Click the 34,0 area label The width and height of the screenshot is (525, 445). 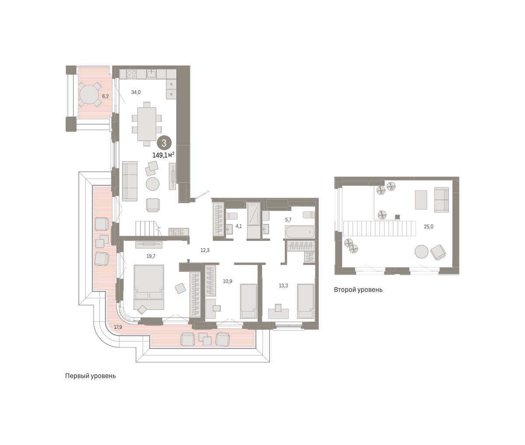click(x=136, y=93)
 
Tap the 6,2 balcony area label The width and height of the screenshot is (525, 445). click(x=105, y=97)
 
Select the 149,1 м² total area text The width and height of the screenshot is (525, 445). click(x=163, y=155)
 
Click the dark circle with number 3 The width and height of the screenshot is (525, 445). click(x=164, y=143)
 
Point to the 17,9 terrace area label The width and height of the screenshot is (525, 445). click(x=118, y=327)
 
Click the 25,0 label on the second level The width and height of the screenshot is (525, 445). click(x=428, y=227)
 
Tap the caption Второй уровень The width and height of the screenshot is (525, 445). click(x=358, y=290)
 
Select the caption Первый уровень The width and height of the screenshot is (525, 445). click(x=91, y=376)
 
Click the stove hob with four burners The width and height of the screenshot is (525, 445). click(x=131, y=74)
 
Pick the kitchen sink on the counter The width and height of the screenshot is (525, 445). click(x=151, y=74)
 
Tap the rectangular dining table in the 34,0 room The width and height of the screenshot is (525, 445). click(x=147, y=124)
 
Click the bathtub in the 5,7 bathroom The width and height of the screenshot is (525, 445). click(x=300, y=232)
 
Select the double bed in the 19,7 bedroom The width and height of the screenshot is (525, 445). click(x=149, y=287)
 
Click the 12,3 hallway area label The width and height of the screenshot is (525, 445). click(x=205, y=250)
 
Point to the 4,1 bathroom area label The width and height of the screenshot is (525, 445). click(x=239, y=226)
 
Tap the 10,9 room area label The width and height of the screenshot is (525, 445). click(x=227, y=281)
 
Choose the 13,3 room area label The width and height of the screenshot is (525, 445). click(x=283, y=286)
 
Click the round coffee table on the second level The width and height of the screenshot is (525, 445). click(x=421, y=252)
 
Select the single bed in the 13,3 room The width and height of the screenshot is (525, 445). click(x=305, y=301)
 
